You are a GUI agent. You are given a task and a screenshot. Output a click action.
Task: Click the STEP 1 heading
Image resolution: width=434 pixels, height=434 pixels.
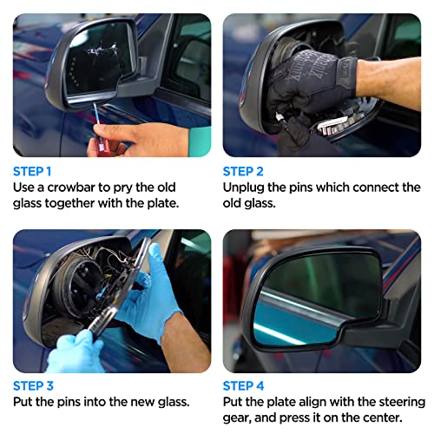32,171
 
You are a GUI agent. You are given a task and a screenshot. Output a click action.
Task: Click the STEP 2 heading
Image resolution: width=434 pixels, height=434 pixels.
242,171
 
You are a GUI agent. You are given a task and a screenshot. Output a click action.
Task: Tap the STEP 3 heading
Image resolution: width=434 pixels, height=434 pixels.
33,385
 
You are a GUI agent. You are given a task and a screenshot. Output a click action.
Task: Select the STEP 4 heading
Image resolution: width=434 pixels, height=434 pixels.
243,385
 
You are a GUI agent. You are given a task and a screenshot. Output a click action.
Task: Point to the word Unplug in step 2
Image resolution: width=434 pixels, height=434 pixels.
246,187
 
